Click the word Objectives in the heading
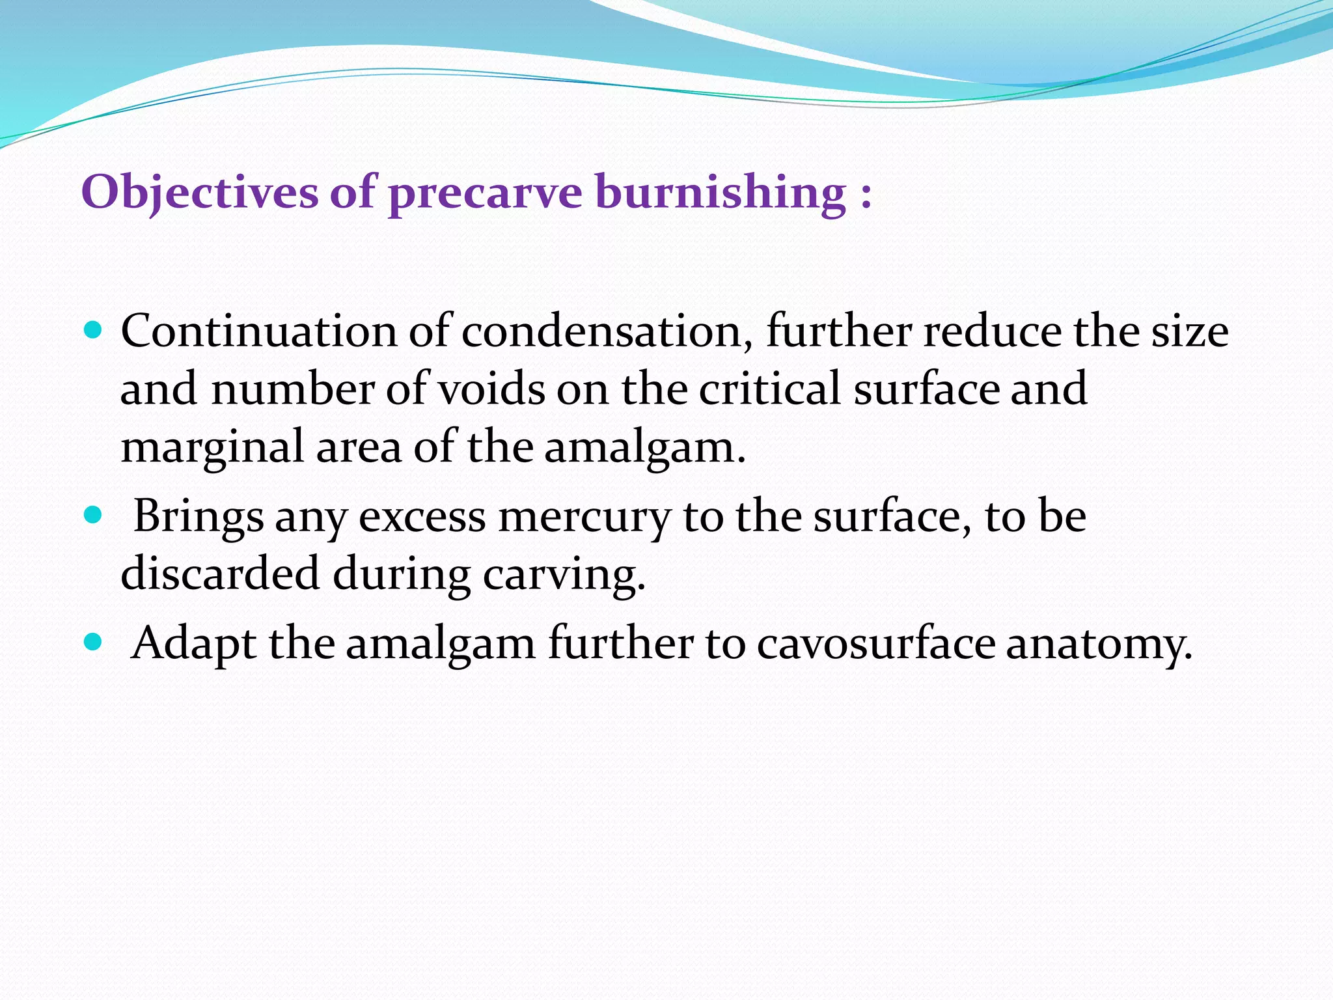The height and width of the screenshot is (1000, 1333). [x=199, y=193]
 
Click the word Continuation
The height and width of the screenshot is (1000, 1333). [x=258, y=331]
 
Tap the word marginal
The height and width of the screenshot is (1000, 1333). [x=212, y=448]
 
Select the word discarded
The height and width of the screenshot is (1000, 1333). [x=220, y=574]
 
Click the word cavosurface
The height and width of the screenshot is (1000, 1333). [x=875, y=644]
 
